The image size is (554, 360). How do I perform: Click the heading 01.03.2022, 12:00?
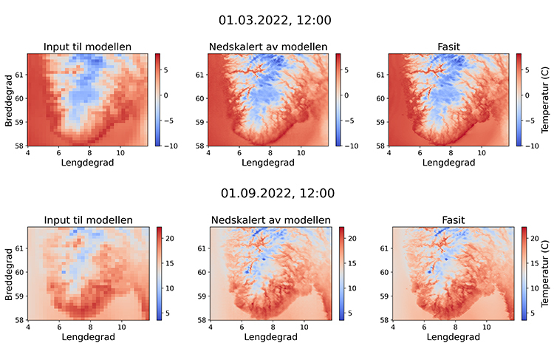(277, 20)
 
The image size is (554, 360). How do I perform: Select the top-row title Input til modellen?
(88, 47)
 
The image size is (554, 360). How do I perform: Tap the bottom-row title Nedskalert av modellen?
(270, 220)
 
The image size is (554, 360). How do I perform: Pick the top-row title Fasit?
(448, 47)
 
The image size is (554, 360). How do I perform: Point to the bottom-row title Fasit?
(448, 220)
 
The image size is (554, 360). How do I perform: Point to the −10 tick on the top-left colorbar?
(170, 146)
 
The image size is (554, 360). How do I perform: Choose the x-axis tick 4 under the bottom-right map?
(391, 327)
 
